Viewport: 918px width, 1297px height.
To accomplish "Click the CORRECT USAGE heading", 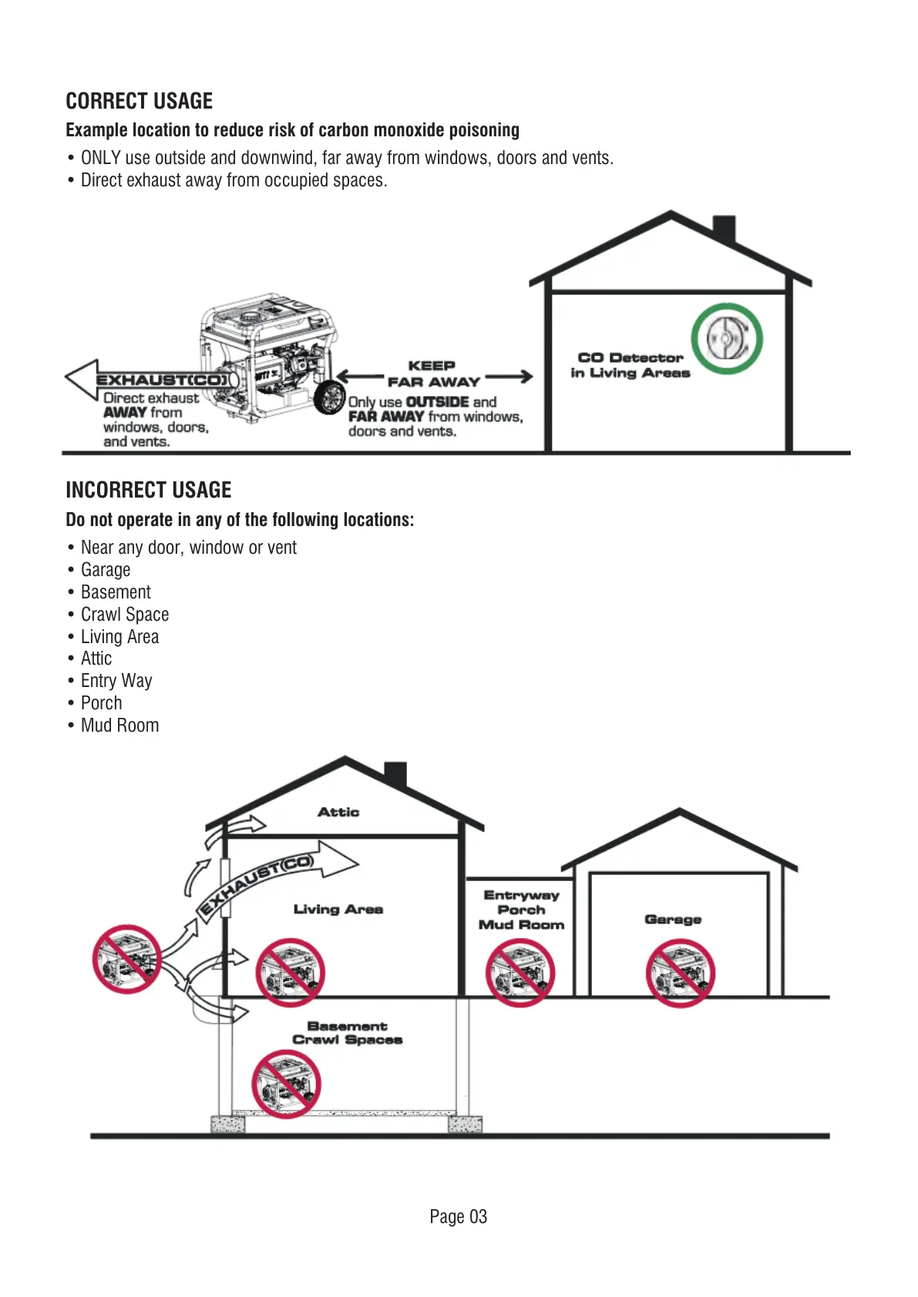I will click(139, 101).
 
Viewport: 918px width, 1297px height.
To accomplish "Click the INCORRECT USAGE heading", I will click(148, 490).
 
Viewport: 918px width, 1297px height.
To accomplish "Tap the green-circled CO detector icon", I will click(726, 339).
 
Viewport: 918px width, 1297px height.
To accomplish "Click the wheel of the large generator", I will click(330, 397).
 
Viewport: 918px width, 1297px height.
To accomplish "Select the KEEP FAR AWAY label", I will click(433, 374).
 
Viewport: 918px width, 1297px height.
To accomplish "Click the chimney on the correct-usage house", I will click(724, 230).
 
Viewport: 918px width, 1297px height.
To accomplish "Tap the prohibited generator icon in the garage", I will click(680, 973).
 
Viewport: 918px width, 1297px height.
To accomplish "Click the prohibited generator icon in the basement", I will click(286, 1084).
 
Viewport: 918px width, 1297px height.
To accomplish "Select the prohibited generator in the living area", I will click(290, 972).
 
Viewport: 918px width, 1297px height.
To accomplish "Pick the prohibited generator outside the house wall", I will click(126, 959).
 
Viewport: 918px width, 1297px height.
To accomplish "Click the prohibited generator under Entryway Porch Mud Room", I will click(520, 973).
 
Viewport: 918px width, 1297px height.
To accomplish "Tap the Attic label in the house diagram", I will click(338, 812).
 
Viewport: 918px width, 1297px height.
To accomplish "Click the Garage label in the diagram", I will click(673, 919).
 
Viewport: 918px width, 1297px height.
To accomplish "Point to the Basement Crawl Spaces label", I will click(347, 1033).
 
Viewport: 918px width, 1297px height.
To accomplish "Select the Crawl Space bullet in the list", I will click(125, 615).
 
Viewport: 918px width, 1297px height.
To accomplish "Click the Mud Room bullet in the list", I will click(119, 726).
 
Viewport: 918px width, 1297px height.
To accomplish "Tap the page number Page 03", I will click(458, 1217).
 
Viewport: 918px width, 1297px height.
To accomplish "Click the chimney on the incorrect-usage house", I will click(395, 774).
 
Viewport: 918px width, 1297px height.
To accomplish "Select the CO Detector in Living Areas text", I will click(630, 365).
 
